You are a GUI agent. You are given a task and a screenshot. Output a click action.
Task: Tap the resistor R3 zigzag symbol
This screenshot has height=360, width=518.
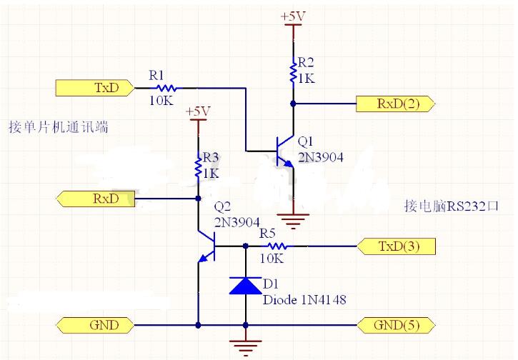(198, 168)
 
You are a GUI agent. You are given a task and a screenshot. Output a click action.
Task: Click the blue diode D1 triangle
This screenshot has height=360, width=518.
(246, 286)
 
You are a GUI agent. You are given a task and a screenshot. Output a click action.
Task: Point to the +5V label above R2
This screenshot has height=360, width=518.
(294, 16)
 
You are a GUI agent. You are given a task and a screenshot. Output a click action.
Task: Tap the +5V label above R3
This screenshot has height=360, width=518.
(198, 111)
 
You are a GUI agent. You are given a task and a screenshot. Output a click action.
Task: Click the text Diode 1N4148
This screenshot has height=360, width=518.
(304, 301)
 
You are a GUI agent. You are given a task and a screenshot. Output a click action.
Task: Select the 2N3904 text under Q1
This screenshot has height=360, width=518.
(321, 155)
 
